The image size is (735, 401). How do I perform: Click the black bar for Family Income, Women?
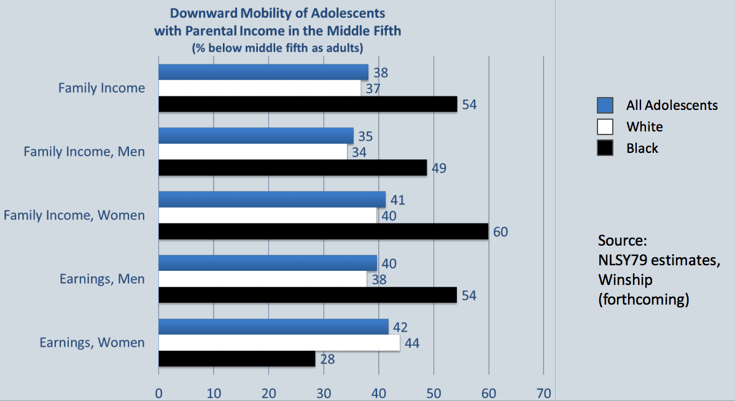[324, 232]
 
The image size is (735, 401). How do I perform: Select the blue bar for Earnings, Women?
[273, 327]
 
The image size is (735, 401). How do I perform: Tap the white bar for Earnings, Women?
[279, 343]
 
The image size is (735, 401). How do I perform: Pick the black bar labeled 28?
[237, 359]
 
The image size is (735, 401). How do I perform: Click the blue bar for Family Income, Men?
[256, 136]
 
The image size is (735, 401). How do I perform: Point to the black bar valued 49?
[292, 168]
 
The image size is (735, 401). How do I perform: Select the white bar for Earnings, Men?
[263, 279]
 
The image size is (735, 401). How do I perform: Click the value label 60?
[501, 232]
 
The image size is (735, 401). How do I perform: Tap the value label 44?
[412, 343]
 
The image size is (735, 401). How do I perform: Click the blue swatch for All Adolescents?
[605, 105]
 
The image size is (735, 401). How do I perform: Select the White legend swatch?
[605, 127]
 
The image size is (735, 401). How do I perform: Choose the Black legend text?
[642, 148]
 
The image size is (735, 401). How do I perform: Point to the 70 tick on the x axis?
[544, 392]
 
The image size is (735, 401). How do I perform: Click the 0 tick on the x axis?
[159, 392]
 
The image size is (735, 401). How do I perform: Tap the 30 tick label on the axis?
[324, 392]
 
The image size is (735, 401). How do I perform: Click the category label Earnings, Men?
[102, 279]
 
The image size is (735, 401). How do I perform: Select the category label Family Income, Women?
[74, 216]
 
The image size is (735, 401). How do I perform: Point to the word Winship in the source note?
[625, 280]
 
